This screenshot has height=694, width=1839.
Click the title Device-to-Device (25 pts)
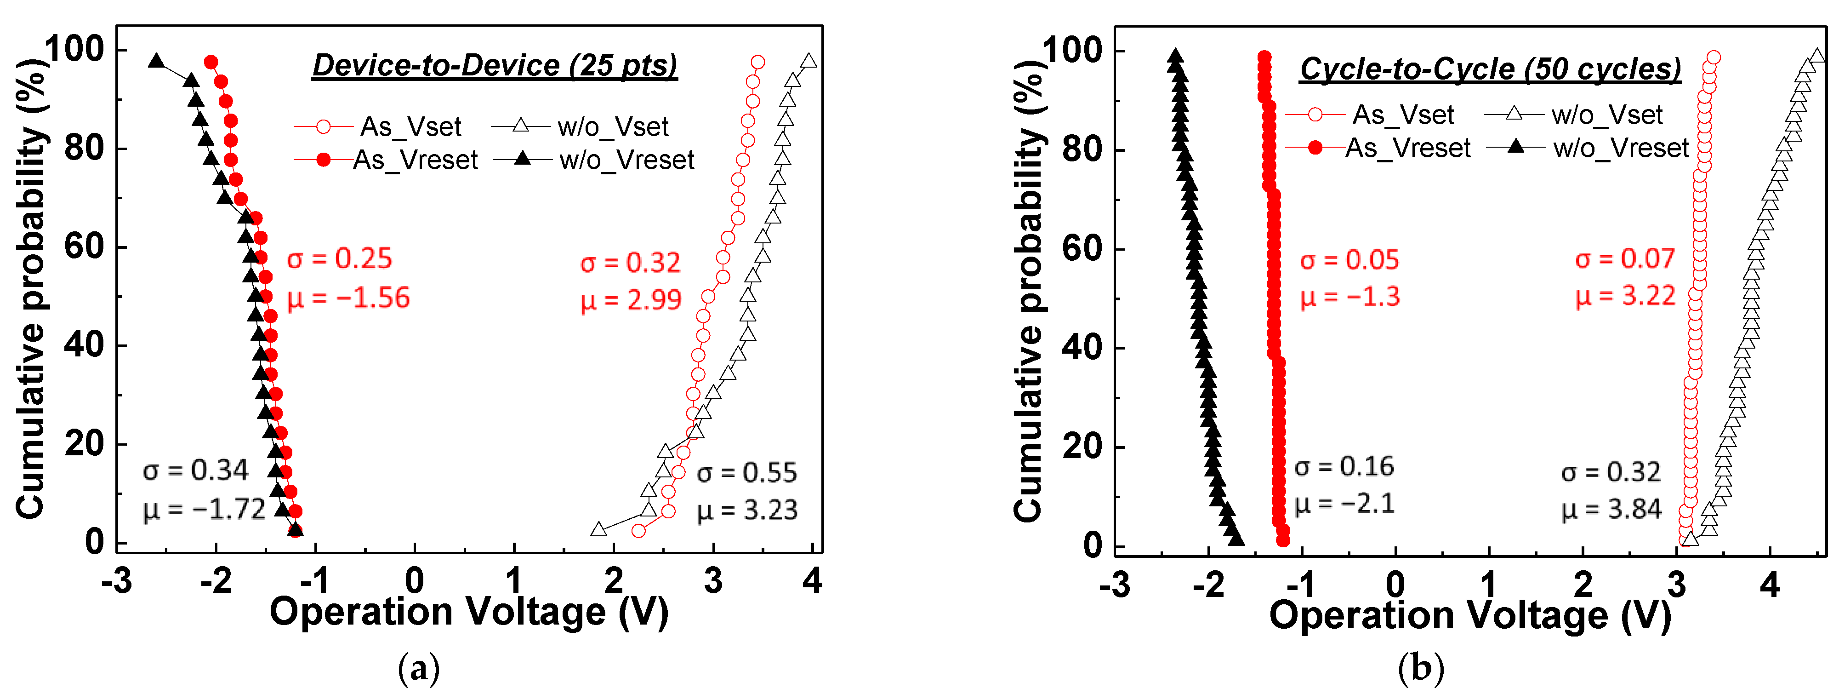[494, 66]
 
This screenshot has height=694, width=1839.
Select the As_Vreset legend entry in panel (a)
[415, 160]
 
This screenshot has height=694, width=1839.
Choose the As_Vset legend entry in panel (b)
[1403, 114]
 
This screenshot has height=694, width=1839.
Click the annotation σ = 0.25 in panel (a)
[339, 258]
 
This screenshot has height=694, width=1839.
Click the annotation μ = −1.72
[204, 510]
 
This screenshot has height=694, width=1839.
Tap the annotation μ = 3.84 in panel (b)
[1611, 509]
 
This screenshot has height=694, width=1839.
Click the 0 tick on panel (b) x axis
[1395, 584]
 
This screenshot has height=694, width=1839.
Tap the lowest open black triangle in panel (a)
[599, 529]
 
